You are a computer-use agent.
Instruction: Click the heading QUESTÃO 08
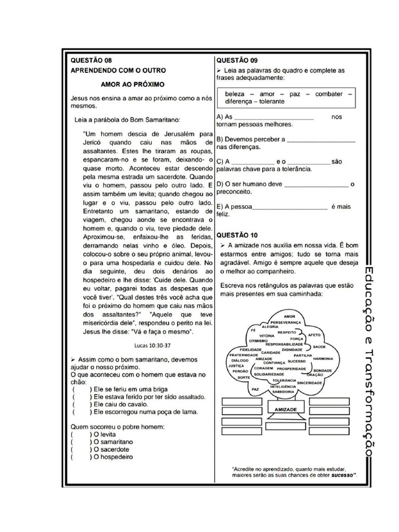[x=91, y=60]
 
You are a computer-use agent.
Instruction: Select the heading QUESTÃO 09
[x=237, y=60]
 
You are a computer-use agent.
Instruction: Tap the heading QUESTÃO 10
[x=237, y=235]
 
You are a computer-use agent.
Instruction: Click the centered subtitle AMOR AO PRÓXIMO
[x=132, y=83]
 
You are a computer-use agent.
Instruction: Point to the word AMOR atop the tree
[x=289, y=316]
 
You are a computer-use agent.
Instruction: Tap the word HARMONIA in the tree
[x=323, y=358]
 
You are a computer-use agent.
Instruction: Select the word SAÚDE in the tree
[x=319, y=346]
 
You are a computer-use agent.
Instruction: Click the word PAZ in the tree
[x=255, y=389]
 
